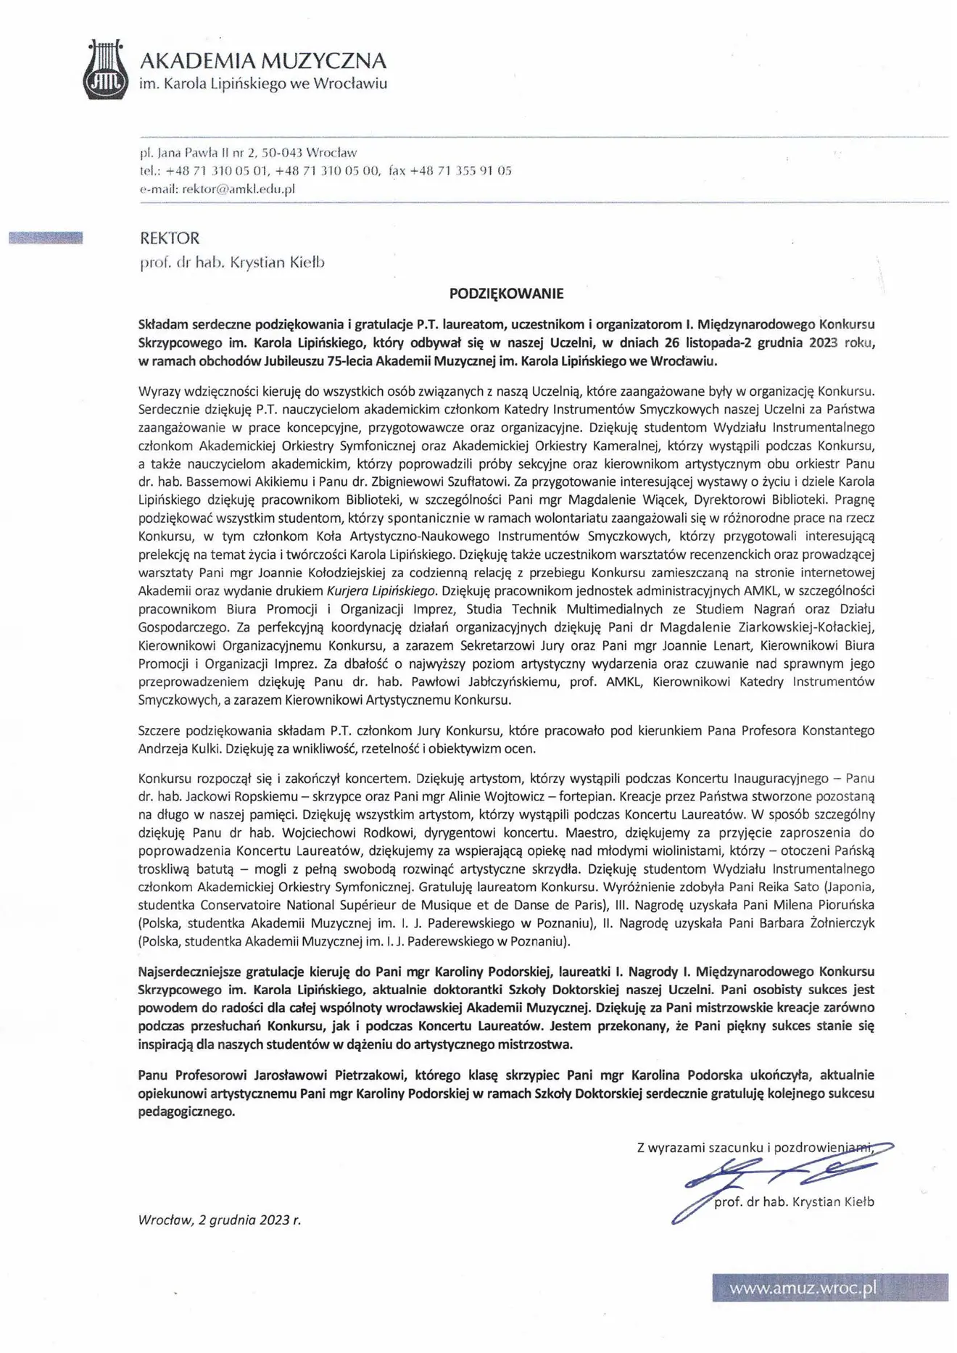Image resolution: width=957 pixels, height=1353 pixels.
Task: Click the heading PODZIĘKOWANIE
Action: (506, 294)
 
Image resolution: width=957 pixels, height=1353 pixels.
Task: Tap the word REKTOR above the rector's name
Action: (168, 238)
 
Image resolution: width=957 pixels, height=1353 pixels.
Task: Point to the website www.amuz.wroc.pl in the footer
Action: (803, 1288)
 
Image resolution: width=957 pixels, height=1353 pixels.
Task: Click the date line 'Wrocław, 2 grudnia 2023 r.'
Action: (219, 1220)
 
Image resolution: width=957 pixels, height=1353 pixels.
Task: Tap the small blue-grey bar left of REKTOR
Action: (46, 237)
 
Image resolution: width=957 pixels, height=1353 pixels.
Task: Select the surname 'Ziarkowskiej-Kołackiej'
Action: (811, 626)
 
